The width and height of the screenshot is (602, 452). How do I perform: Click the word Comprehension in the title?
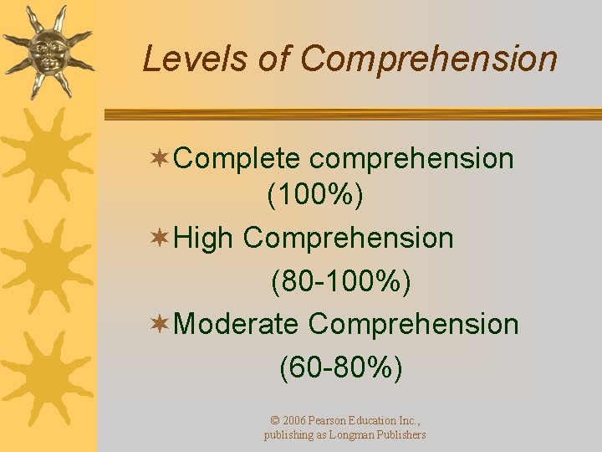click(428, 59)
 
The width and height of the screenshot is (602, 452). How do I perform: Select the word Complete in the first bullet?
click(237, 159)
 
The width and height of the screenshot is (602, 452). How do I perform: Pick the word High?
click(204, 239)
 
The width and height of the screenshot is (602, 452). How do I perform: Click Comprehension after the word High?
click(348, 239)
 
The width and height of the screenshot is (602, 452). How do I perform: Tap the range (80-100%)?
click(341, 282)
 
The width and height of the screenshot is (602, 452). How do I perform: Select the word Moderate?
click(237, 324)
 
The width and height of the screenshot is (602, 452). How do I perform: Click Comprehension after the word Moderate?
click(414, 324)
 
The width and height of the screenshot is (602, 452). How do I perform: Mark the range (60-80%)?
click(341, 367)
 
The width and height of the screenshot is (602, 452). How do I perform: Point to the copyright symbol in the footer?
click(276, 420)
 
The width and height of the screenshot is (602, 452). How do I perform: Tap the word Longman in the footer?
click(339, 435)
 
